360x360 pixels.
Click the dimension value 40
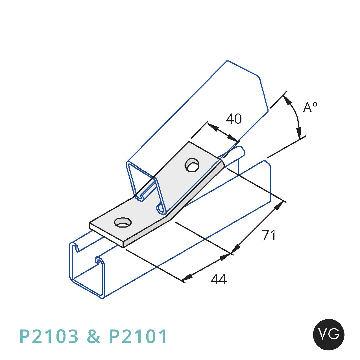coord(234,119)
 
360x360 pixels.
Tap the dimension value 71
coord(269,235)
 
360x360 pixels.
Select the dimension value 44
coord(219,279)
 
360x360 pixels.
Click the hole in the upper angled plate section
coord(192,165)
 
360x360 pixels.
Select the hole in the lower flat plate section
coord(123,222)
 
